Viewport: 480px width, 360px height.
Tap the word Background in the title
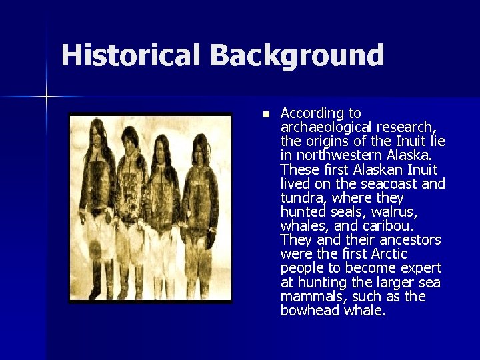(x=297, y=56)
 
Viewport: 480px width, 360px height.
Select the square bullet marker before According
(x=265, y=115)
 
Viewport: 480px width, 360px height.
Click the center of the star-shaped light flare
(x=46, y=97)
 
